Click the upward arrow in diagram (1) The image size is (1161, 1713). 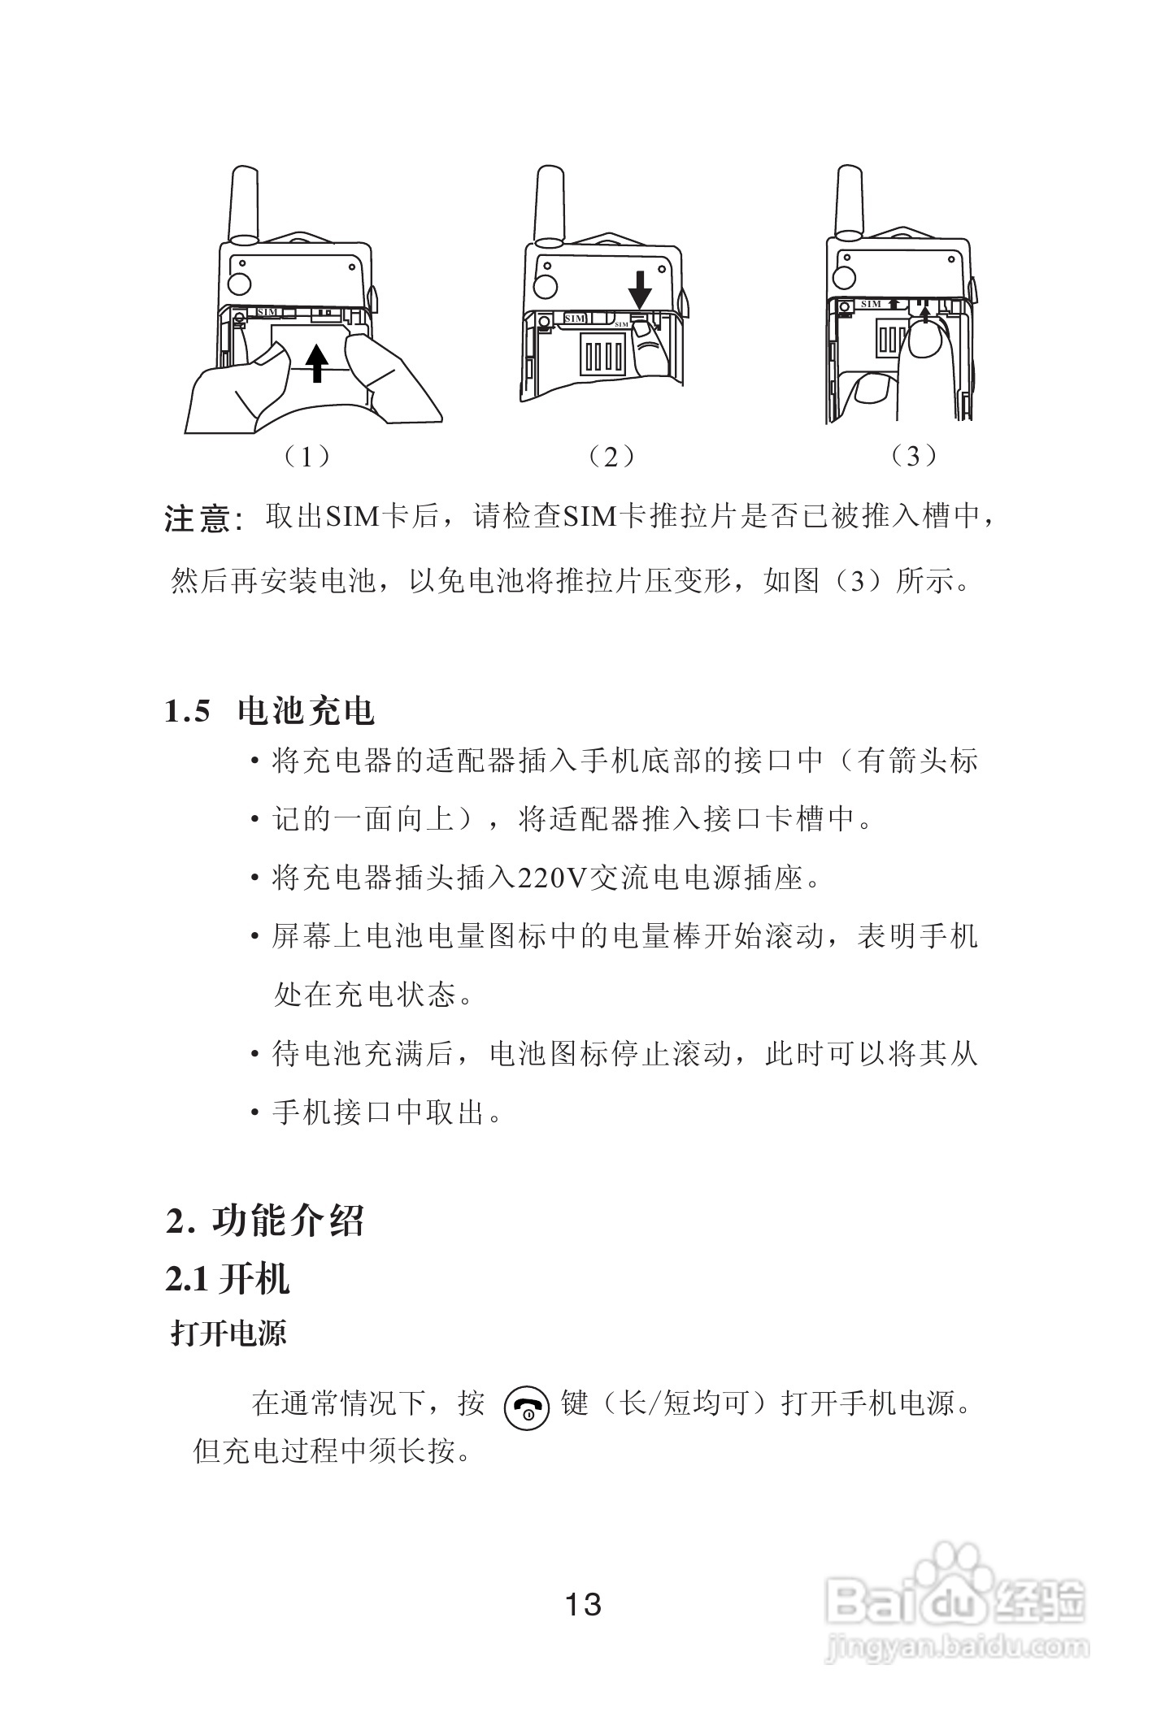click(x=318, y=361)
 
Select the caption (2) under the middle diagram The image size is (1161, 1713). click(x=611, y=457)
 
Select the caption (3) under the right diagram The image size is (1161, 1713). click(x=914, y=457)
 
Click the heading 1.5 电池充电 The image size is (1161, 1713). click(x=269, y=712)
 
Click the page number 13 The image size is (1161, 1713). click(x=583, y=1604)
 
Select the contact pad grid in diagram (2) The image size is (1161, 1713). click(x=602, y=355)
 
